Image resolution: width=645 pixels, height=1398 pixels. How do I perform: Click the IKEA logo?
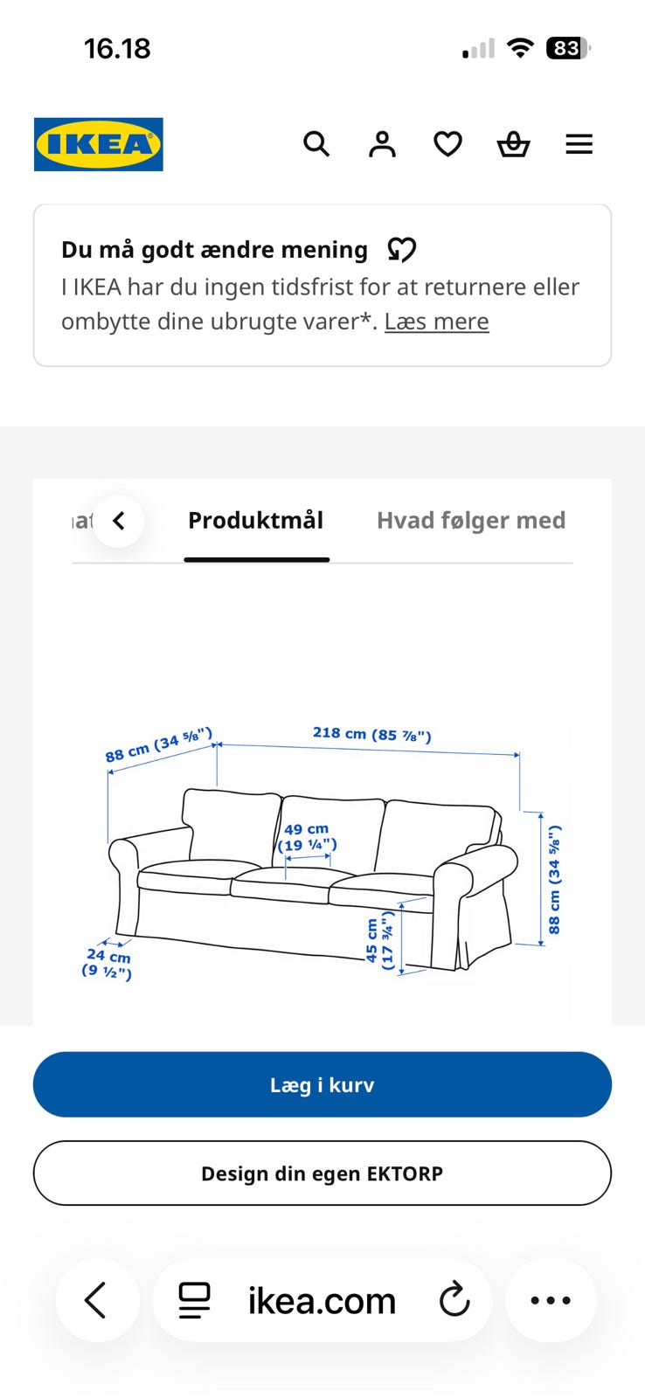tap(99, 144)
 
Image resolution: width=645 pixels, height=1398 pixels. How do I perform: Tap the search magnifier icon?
tap(316, 144)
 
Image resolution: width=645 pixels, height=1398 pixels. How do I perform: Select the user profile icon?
tap(382, 144)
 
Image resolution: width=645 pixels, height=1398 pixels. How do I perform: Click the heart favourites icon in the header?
tap(447, 144)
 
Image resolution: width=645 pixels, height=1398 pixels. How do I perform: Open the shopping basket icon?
tap(513, 144)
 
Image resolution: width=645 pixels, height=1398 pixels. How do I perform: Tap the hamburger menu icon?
tap(579, 144)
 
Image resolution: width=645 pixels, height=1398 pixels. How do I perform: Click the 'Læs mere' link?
tap(436, 322)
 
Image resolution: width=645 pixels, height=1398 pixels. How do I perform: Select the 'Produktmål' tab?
tap(256, 521)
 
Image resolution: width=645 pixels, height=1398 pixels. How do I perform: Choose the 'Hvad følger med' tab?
tap(471, 521)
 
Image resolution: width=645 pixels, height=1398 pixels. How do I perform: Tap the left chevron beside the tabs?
tap(119, 521)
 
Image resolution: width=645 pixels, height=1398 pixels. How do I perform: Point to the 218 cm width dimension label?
tap(372, 734)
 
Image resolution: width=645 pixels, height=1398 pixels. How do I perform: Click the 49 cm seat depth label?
tap(307, 837)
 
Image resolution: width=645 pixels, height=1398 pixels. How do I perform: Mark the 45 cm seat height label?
tap(379, 940)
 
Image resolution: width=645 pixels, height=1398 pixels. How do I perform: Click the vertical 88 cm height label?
tap(554, 879)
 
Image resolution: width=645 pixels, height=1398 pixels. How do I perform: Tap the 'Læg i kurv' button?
tap(322, 1084)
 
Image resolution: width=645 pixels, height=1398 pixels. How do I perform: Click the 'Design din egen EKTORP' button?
tap(322, 1173)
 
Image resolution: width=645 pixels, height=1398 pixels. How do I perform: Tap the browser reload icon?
tap(454, 1300)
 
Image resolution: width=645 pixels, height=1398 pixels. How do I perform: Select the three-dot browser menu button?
tap(551, 1300)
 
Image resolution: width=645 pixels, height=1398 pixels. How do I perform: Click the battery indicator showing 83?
tap(567, 48)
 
